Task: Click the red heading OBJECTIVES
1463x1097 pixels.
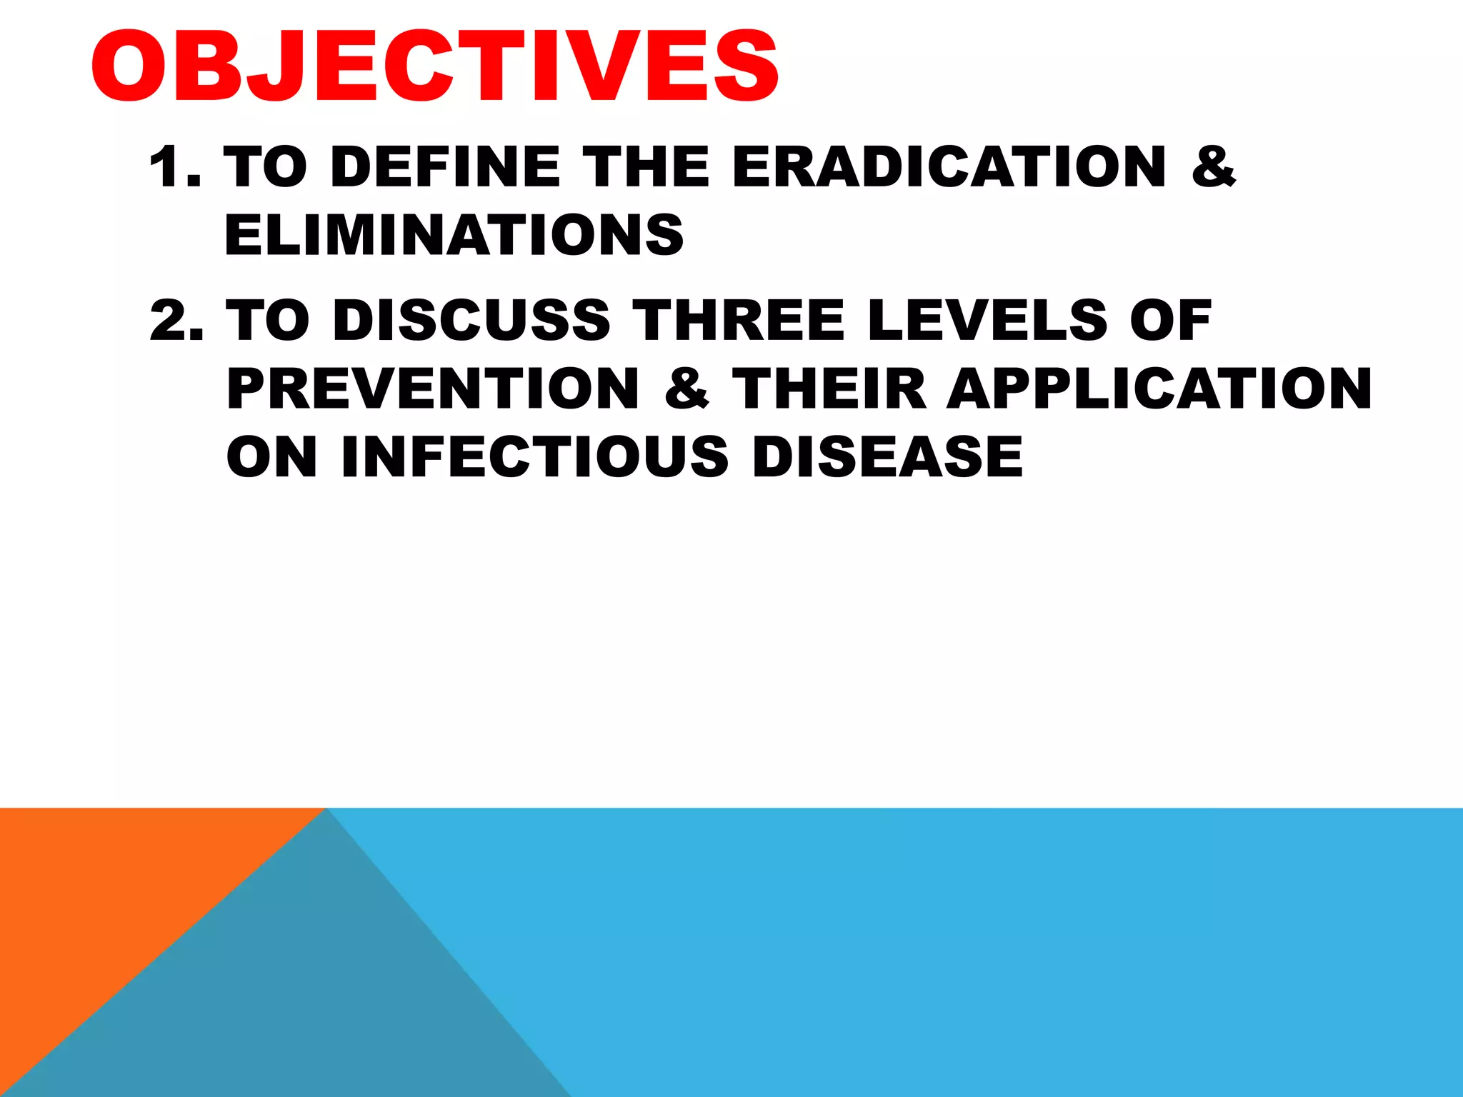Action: point(434,66)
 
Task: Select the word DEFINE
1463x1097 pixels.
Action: point(445,166)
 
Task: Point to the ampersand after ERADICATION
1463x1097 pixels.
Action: point(1213,166)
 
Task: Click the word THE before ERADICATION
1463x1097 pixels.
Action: point(648,166)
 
